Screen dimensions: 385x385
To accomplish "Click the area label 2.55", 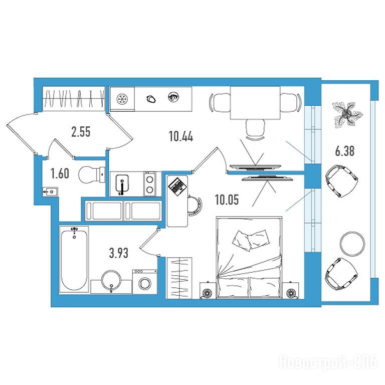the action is coord(81,132).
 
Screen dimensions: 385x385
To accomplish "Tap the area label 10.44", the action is coord(181,136).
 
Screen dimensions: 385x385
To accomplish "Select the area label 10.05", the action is coord(227,200).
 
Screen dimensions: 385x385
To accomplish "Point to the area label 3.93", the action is coord(119,253).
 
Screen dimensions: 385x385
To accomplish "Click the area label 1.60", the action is coord(60,173).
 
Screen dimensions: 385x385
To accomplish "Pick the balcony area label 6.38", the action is coord(345,151).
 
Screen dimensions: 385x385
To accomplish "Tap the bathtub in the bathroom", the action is coord(74,259).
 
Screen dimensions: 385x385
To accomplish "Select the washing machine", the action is coord(145,282).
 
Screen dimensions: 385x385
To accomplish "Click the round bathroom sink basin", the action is coord(111,281).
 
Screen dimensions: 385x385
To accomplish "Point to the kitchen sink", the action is coord(122,183).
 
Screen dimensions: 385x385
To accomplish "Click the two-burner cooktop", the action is coord(150,184).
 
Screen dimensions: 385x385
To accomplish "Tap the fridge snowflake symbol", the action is coord(122,99).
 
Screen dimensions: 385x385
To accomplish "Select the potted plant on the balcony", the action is coord(347,114).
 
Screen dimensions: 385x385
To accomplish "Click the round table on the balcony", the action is coord(352,244).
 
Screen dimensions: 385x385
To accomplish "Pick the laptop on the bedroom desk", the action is coord(177,186).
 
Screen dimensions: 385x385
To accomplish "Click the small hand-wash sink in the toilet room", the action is coord(50,191).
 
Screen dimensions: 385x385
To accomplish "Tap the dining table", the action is coord(255,103).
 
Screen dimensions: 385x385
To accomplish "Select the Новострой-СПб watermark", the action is coord(328,362).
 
